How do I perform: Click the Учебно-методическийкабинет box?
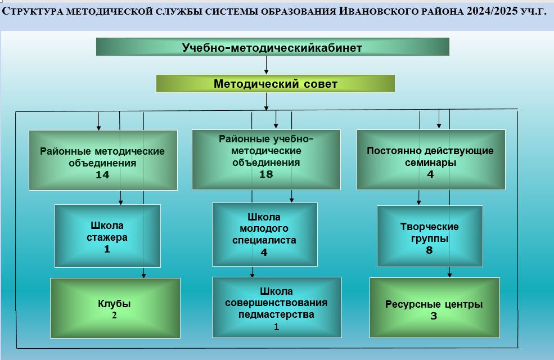click(x=272, y=47)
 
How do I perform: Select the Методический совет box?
click(x=275, y=84)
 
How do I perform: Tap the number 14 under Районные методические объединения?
click(x=102, y=175)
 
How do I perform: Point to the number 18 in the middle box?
click(x=266, y=174)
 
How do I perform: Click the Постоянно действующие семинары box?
click(x=431, y=160)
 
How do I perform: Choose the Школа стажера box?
click(x=107, y=236)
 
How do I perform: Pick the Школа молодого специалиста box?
click(x=265, y=234)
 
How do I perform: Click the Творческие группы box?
click(x=430, y=236)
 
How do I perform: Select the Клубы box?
click(x=115, y=308)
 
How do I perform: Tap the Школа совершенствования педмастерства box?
click(x=277, y=307)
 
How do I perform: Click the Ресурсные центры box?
click(x=435, y=308)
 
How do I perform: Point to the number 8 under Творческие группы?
click(x=429, y=250)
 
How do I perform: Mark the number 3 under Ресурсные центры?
click(x=434, y=316)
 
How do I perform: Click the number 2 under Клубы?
click(x=114, y=315)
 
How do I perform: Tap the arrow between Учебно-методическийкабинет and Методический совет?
click(x=266, y=65)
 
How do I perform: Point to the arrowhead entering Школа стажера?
click(x=121, y=202)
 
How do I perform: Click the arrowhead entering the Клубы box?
click(x=143, y=276)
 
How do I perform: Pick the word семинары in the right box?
click(x=430, y=163)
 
